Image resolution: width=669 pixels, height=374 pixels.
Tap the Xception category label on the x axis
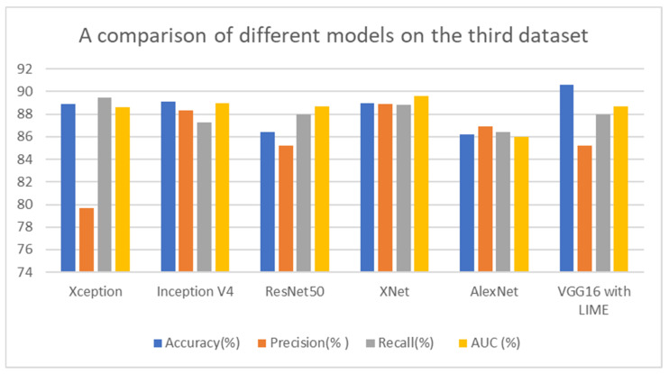pos(95,294)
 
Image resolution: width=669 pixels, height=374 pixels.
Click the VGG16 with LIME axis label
pos(593,301)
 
